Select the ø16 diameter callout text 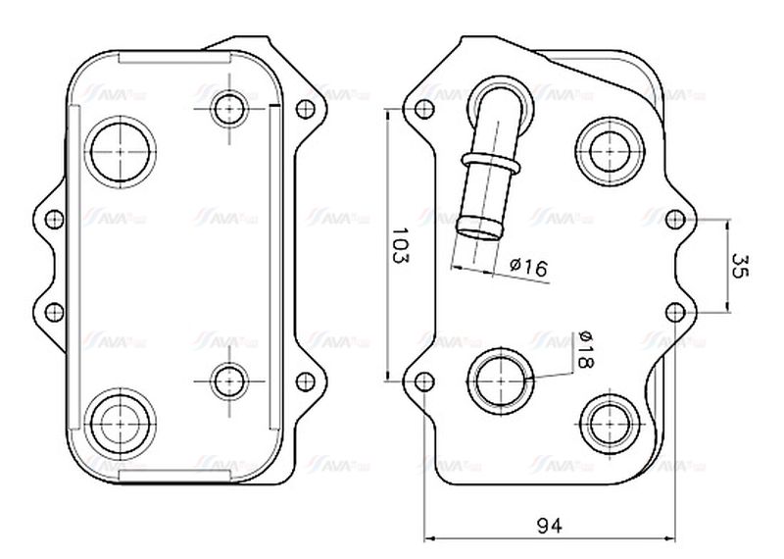click(528, 267)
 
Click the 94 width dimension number click(549, 526)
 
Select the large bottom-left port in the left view click(122, 420)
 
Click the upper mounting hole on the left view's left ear click(55, 218)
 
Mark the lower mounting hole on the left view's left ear click(55, 311)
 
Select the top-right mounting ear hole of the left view click(304, 107)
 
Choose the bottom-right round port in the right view click(609, 421)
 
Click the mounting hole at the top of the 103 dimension click(423, 109)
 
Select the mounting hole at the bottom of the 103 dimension click(423, 381)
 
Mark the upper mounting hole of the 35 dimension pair click(675, 218)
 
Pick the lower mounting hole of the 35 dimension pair click(675, 312)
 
